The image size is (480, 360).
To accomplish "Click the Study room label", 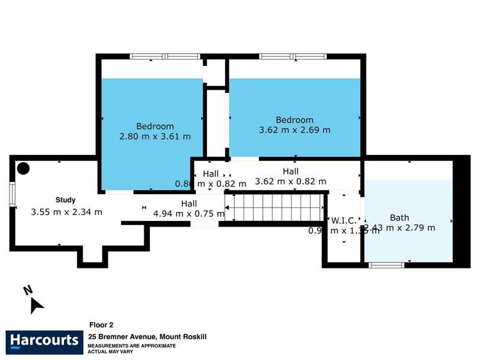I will pyautogui.click(x=65, y=200).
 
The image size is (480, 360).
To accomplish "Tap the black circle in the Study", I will pyautogui.click(x=23, y=168).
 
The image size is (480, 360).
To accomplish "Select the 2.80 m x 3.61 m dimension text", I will pyautogui.click(x=154, y=136).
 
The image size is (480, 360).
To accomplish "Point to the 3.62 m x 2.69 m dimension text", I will pyautogui.click(x=294, y=130).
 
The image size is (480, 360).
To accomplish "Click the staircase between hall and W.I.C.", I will pyautogui.click(x=275, y=208).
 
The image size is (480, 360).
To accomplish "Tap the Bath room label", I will pyautogui.click(x=399, y=218).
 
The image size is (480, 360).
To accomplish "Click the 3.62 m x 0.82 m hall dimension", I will pyautogui.click(x=290, y=181).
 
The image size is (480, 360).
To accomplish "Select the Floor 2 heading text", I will pyautogui.click(x=101, y=325).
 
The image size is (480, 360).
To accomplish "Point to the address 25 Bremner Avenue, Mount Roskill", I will pyautogui.click(x=147, y=336).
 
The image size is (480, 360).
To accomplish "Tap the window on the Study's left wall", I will pyautogui.click(x=12, y=195).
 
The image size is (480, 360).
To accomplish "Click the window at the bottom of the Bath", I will pyautogui.click(x=387, y=264).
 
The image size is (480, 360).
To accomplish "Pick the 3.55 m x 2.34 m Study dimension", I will pyautogui.click(x=66, y=212).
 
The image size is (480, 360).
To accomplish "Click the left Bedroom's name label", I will pyautogui.click(x=154, y=126).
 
